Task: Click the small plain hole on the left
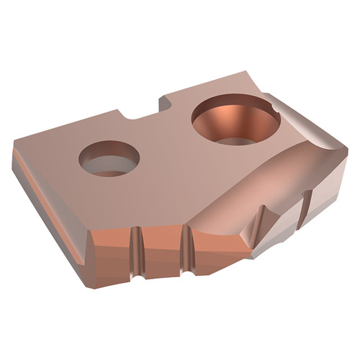[108, 158]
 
